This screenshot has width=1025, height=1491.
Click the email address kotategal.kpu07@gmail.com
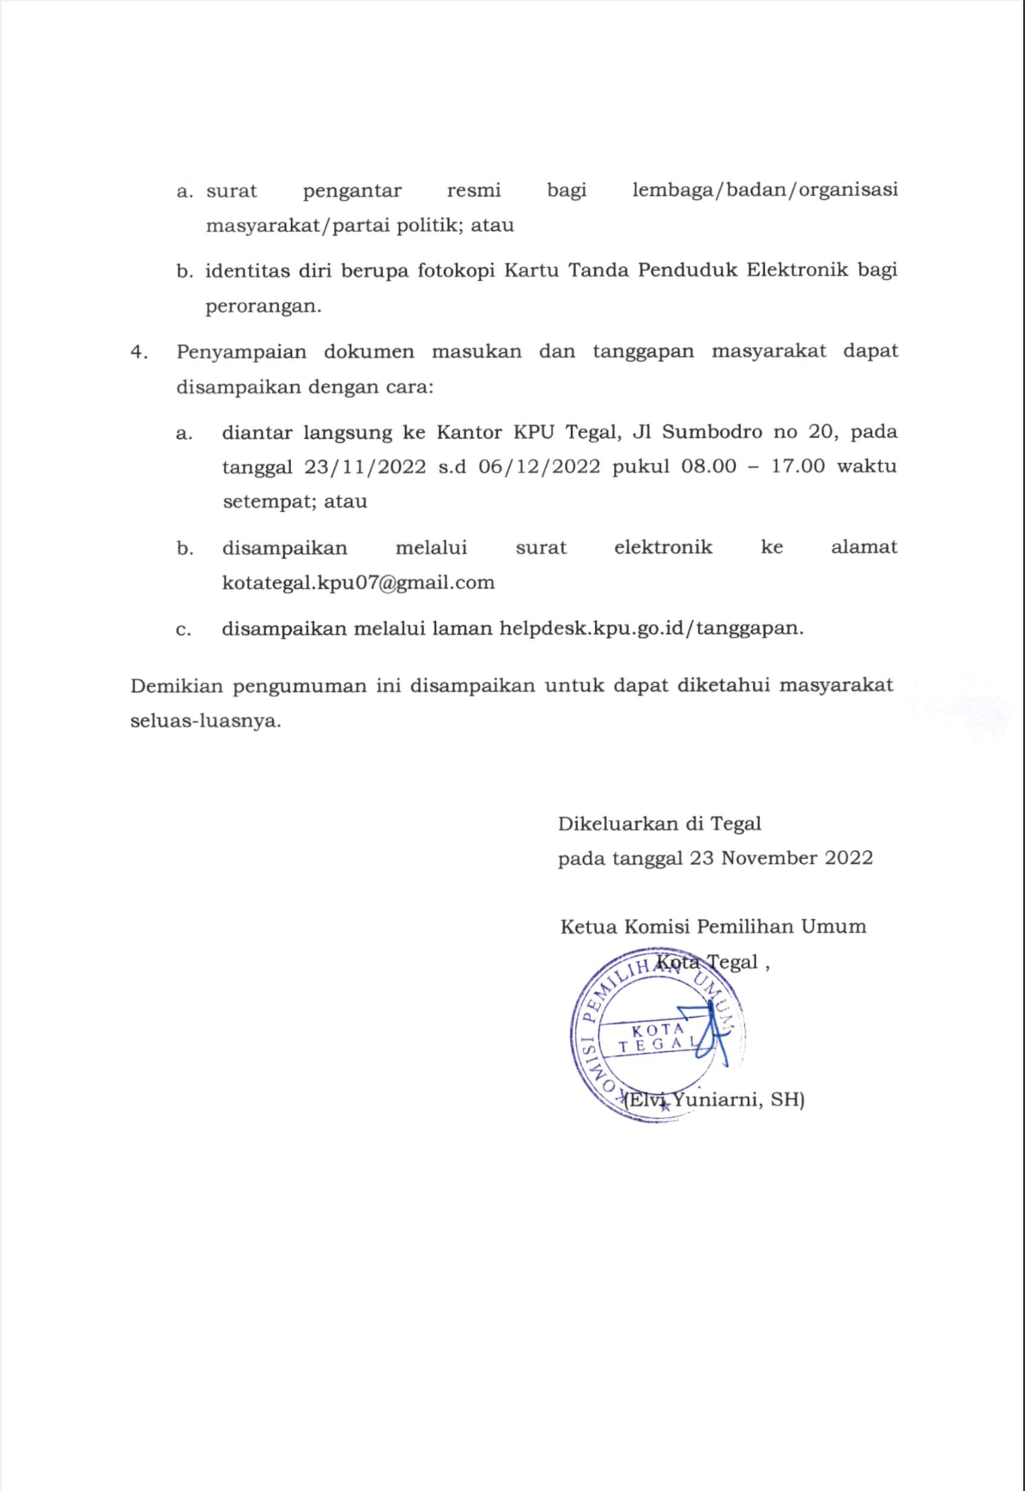(x=358, y=582)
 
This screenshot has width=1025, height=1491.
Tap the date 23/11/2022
(x=365, y=466)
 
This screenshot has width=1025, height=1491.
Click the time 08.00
(x=708, y=466)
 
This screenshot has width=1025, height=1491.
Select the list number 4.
(x=138, y=351)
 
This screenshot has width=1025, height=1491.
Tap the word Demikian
(x=177, y=685)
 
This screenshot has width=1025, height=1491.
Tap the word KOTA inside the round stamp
(x=658, y=1029)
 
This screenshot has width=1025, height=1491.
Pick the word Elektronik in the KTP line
(x=798, y=270)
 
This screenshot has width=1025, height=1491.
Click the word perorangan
(x=262, y=306)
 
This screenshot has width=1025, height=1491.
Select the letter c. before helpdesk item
(x=183, y=630)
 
